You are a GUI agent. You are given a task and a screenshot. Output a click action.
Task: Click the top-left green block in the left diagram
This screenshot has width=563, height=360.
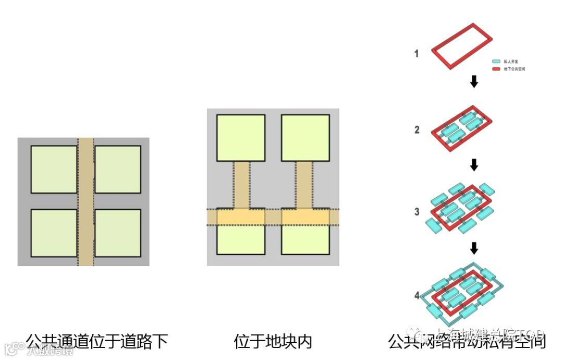(x=54, y=170)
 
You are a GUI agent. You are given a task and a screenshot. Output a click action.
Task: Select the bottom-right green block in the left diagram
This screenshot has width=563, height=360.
(x=118, y=233)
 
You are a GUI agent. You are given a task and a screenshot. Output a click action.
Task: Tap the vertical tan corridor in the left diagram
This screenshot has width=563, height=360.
(x=86, y=202)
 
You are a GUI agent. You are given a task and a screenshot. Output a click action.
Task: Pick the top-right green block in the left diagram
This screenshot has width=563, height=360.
(x=118, y=170)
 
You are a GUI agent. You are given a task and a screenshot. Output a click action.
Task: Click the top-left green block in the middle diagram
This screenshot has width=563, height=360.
(x=240, y=138)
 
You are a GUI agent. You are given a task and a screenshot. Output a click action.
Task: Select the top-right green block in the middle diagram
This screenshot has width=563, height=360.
(x=305, y=138)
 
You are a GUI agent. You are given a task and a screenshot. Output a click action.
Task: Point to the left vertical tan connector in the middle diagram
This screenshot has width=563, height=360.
(x=241, y=185)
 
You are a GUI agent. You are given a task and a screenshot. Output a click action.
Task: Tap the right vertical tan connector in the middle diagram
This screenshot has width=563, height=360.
(x=304, y=185)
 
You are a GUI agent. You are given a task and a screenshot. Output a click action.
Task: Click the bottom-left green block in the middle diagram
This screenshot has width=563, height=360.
(x=240, y=240)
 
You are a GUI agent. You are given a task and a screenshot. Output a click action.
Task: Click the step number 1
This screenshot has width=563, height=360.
(x=416, y=53)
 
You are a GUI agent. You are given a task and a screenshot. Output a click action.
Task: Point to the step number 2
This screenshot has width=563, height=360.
(x=417, y=130)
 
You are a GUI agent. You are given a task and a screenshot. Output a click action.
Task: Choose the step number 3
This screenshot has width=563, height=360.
(x=417, y=212)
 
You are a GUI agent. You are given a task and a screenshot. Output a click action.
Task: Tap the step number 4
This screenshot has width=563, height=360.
(x=417, y=296)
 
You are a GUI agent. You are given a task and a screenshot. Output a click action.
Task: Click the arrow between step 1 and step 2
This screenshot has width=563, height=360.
(x=474, y=82)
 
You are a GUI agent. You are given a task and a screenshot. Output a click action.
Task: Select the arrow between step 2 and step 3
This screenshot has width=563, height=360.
(x=474, y=165)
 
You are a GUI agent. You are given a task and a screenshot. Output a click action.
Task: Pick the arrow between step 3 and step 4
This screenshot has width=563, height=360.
(x=474, y=247)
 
